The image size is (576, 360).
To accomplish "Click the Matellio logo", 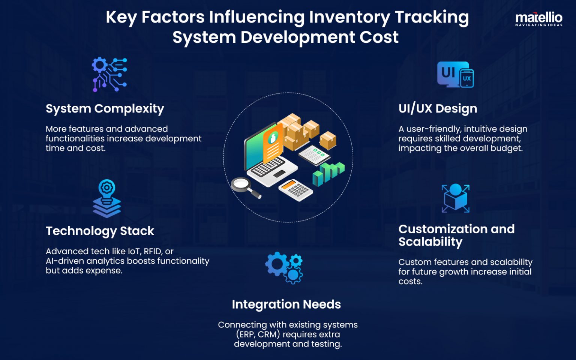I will coord(538,19).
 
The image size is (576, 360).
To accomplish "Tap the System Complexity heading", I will coord(105,109).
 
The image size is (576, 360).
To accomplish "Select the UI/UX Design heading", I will coord(438,109).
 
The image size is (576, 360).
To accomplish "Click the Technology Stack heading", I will coord(100,231).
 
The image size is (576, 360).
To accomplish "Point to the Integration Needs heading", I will coord(286,304).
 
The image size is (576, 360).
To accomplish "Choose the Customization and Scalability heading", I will coord(456,235).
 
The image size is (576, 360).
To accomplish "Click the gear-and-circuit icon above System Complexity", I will coord(109,74).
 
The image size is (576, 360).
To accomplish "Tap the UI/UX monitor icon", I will coord(455,75).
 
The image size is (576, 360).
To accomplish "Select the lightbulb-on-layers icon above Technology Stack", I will coord(107,198).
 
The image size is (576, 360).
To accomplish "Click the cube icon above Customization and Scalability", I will coord(455,198).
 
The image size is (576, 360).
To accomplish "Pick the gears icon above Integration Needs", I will coord(284,267).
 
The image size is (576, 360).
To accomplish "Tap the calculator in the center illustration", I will coord(295,190).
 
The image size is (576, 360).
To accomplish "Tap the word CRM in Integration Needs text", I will coord(268,334).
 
